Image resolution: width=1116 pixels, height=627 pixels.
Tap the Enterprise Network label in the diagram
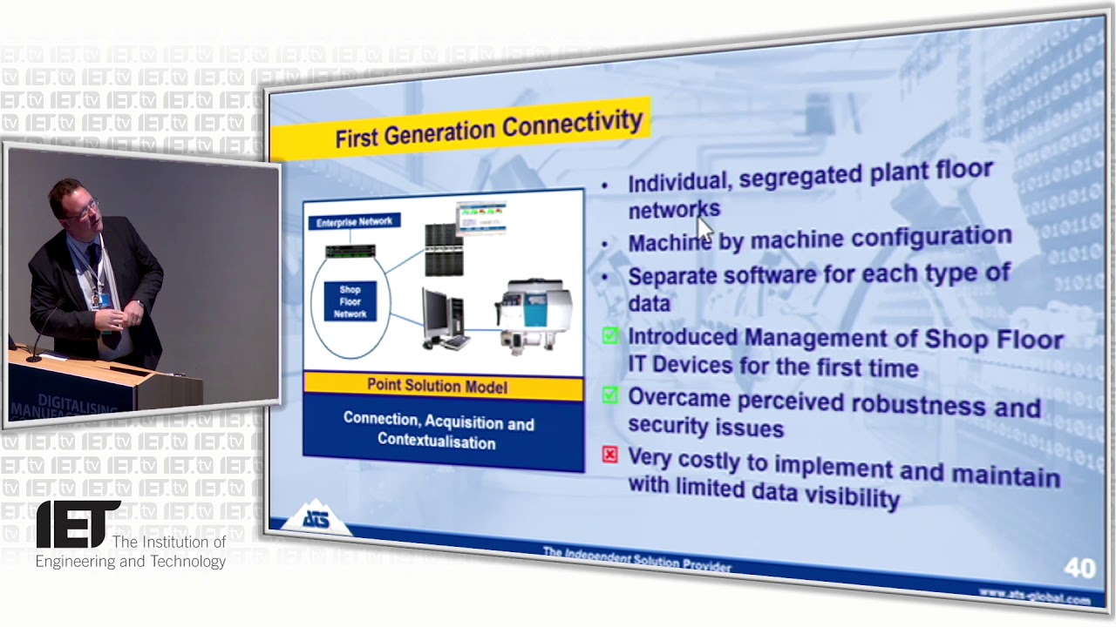click(354, 222)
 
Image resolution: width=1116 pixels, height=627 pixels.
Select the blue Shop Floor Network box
click(350, 301)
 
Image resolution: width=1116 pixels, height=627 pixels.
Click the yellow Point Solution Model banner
click(438, 386)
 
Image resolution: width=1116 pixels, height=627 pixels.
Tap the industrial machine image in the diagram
click(533, 313)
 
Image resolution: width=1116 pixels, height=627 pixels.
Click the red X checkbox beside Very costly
click(609, 455)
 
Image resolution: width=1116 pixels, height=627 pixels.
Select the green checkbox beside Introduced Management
click(609, 335)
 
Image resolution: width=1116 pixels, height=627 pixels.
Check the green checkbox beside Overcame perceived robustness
click(609, 395)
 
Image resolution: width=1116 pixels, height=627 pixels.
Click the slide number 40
click(1079, 569)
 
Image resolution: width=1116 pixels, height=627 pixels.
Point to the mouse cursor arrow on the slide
click(704, 227)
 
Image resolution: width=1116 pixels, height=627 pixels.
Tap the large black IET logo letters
click(78, 524)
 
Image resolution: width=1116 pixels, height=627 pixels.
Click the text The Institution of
click(169, 542)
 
